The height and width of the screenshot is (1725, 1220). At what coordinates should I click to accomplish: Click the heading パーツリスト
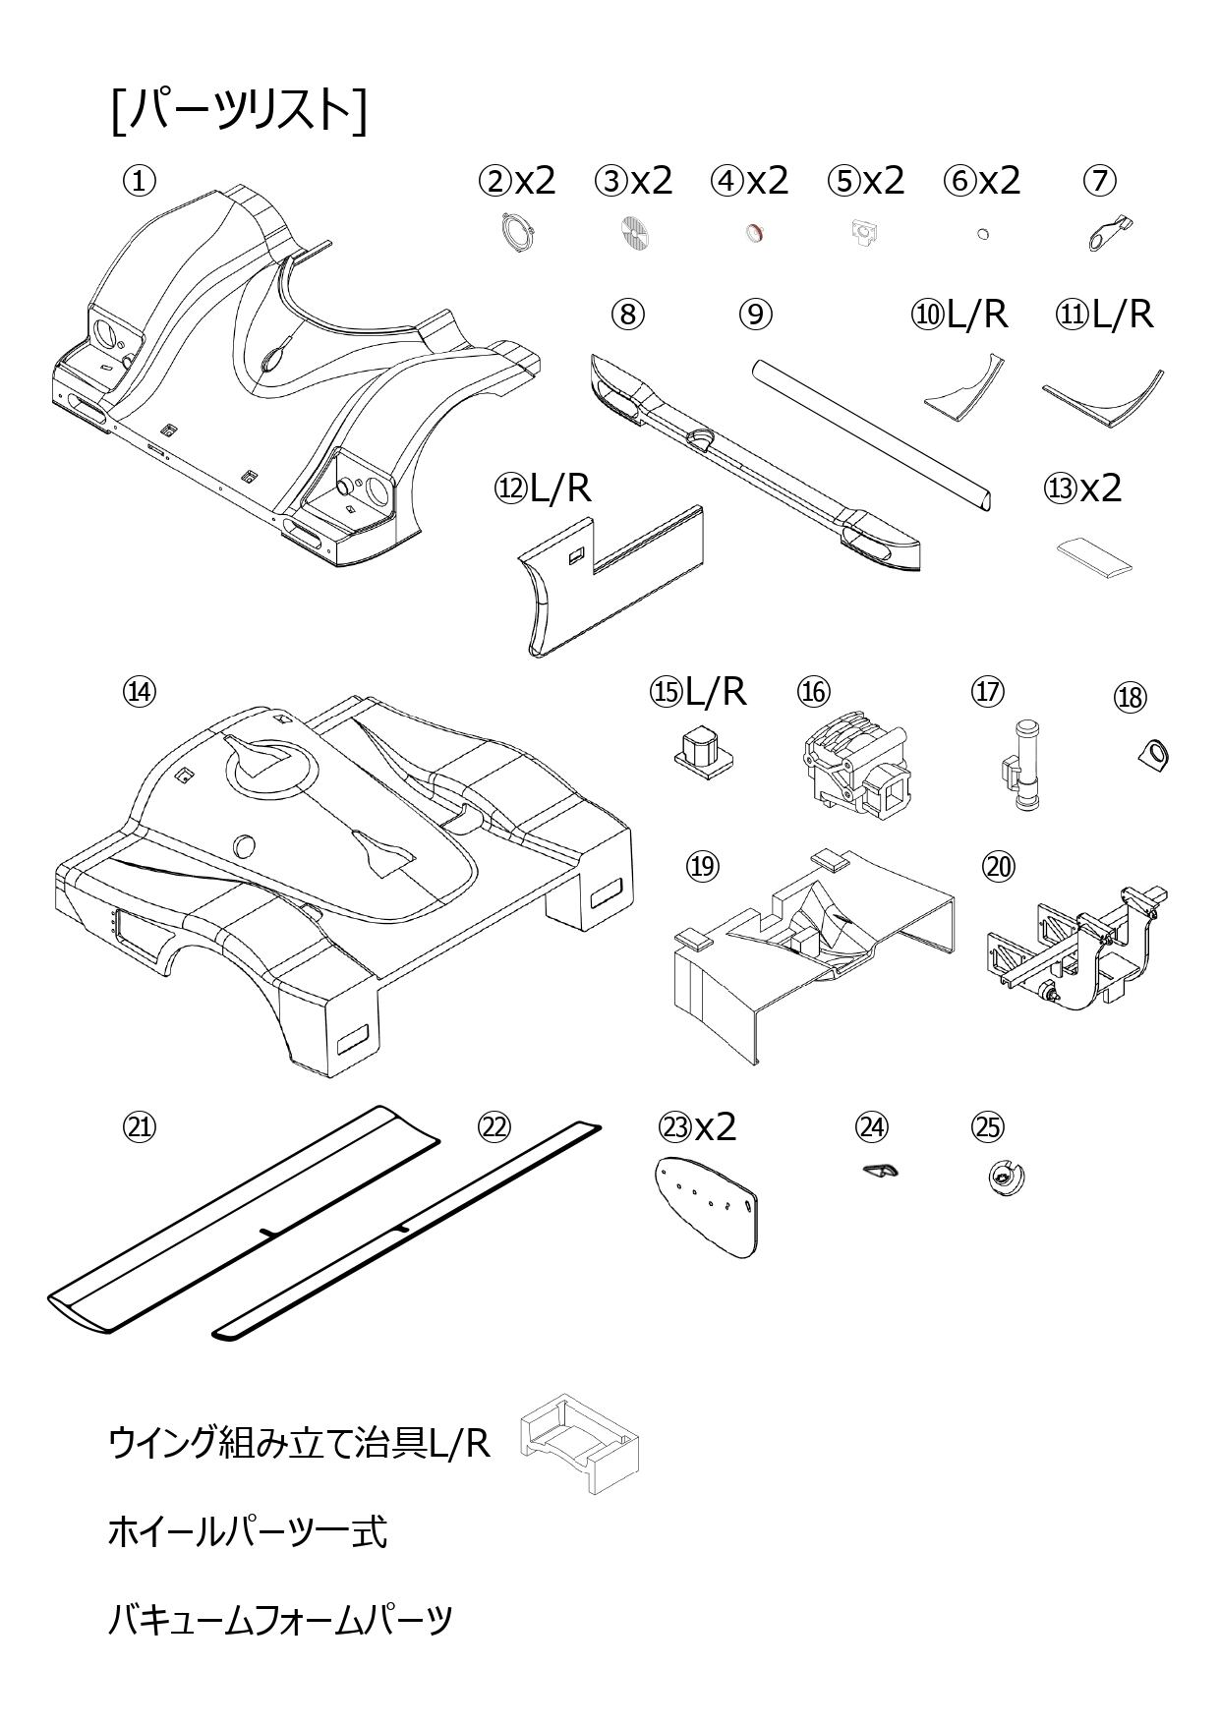tap(239, 110)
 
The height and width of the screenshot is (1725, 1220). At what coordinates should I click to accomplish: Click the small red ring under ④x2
tap(755, 233)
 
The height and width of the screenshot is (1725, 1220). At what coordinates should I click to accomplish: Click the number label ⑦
tap(1100, 180)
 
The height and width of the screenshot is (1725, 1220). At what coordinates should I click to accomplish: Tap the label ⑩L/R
tap(959, 314)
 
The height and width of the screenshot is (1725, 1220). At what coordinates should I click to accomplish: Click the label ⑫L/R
tap(543, 488)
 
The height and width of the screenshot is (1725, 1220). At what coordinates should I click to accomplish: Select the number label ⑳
tap(999, 866)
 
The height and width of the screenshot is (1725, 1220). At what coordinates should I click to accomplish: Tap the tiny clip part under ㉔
tap(880, 1169)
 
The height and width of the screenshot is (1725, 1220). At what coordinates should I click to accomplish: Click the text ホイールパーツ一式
tap(247, 1531)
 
